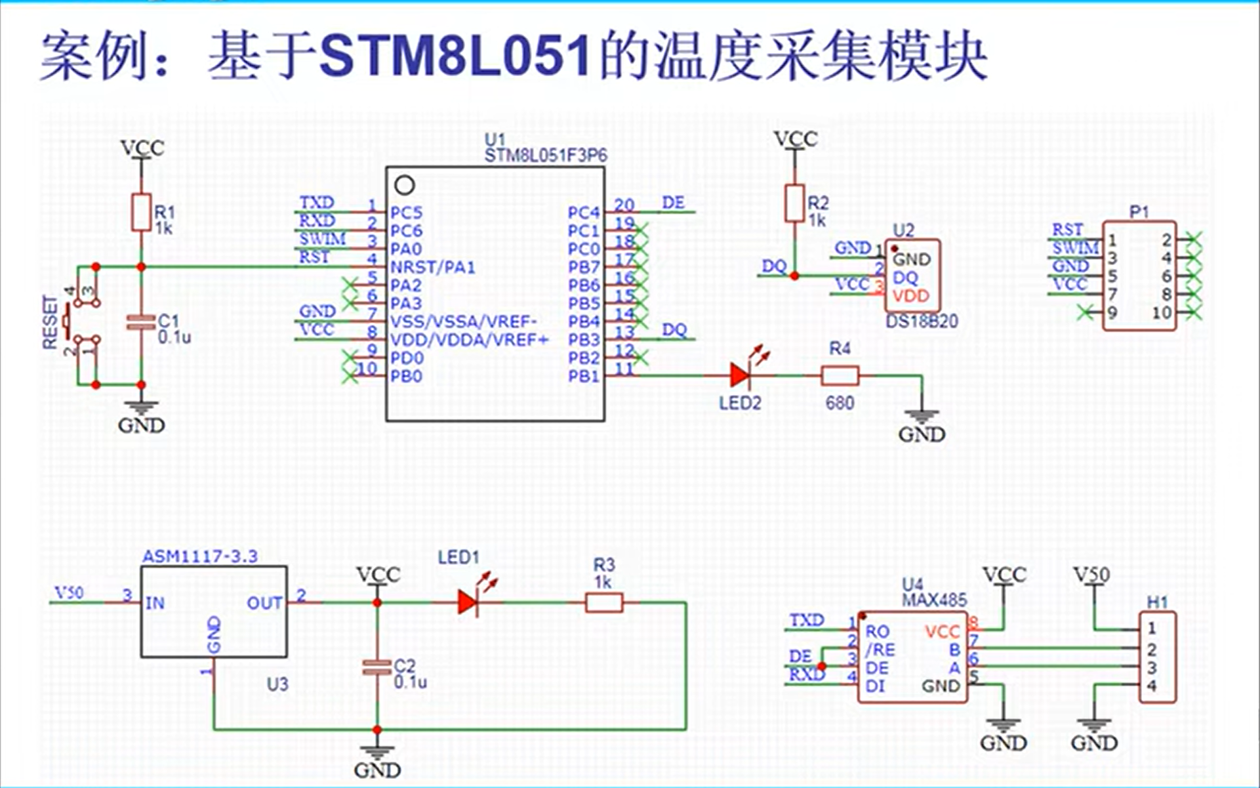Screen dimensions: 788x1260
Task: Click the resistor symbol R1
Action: point(141,212)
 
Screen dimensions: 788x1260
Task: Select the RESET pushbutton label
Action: point(50,321)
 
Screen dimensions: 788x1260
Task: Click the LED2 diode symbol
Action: point(741,375)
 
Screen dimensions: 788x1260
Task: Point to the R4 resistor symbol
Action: point(840,375)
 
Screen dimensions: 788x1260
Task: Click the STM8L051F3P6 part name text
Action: point(546,156)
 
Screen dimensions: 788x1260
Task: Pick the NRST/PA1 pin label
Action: point(433,267)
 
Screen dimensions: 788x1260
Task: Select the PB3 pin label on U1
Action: point(584,340)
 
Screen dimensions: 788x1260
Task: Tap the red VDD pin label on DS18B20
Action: point(911,296)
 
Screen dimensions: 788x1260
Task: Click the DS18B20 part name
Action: point(922,321)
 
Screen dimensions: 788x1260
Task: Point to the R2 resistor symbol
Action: point(794,203)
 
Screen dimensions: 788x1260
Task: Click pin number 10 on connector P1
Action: point(1162,313)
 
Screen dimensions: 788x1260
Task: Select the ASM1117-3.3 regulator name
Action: point(200,556)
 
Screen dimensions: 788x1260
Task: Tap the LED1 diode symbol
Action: point(468,602)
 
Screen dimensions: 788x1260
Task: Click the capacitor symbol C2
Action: point(377,668)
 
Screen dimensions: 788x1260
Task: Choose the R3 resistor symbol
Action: point(603,602)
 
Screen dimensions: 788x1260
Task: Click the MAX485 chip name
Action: point(934,600)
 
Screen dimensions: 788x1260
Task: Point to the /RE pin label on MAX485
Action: point(879,650)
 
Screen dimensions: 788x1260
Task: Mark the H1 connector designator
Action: point(1158,602)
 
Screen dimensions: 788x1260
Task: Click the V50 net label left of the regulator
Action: point(69,593)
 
